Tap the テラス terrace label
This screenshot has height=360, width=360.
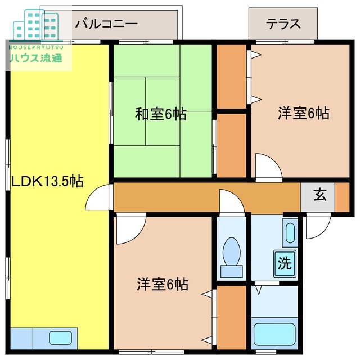click(x=283, y=24)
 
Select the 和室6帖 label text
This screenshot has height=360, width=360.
click(x=160, y=114)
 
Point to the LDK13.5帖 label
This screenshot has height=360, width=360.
click(x=48, y=181)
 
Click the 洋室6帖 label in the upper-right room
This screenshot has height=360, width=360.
click(x=303, y=112)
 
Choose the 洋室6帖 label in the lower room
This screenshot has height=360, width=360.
click(x=163, y=284)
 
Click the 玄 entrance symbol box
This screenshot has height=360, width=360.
click(x=319, y=195)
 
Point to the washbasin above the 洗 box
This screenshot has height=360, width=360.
click(x=289, y=232)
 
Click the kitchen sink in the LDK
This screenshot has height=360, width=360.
click(x=59, y=339)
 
